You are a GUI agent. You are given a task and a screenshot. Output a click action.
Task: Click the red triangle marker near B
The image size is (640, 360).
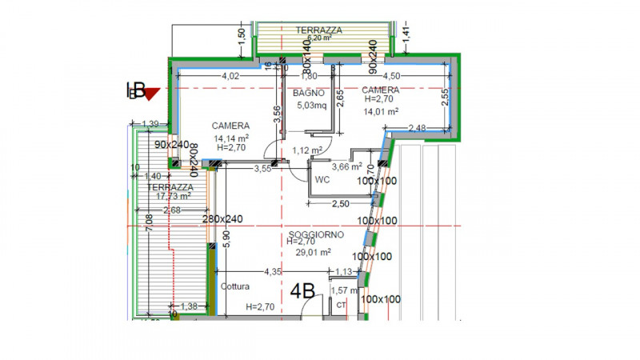(x=151, y=93)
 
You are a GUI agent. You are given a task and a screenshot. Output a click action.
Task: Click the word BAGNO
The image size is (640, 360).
(x=308, y=93)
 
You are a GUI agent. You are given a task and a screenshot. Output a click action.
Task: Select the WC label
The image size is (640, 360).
(x=323, y=179)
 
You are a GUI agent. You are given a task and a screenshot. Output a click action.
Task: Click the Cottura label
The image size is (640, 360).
(x=234, y=286)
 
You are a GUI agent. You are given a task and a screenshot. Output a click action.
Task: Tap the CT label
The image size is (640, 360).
(x=341, y=305)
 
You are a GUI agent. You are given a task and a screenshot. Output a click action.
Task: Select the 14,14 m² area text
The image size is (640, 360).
(x=230, y=138)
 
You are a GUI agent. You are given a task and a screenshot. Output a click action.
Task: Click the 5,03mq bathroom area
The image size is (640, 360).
(x=312, y=105)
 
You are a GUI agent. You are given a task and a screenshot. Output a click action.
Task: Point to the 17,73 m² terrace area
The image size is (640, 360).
(x=169, y=195)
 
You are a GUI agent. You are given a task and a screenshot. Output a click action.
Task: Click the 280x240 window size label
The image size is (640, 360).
(x=222, y=219)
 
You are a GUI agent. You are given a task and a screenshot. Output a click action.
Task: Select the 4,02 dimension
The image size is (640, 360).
(x=230, y=77)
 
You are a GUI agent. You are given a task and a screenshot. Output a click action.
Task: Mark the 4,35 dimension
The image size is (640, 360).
(x=273, y=272)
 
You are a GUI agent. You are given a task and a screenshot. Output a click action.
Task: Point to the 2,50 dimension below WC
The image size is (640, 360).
(x=340, y=204)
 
